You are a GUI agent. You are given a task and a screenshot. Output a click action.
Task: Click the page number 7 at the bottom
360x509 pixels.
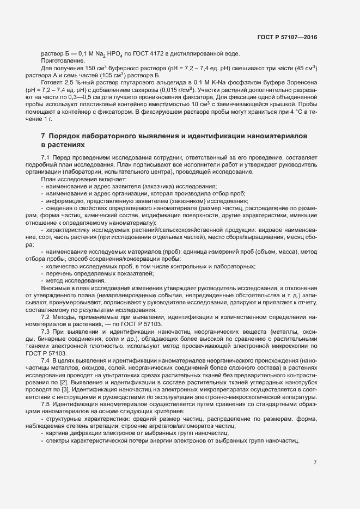[x=315, y=463]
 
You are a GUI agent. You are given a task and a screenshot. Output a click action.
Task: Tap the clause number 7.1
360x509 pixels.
[x=46, y=157]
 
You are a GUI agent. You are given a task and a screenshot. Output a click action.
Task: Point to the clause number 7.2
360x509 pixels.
[x=46, y=316]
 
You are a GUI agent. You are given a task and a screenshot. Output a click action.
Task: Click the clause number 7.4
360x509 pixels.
[x=46, y=361]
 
